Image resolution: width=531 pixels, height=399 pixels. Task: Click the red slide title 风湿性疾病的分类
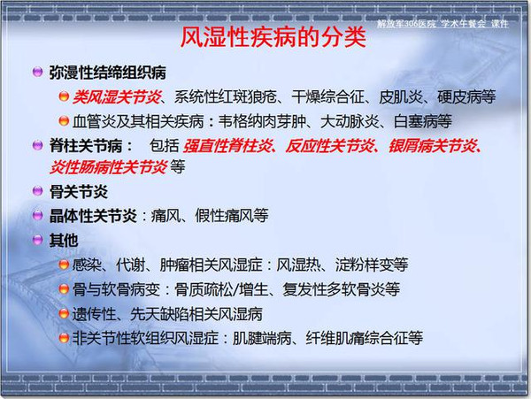coord(273,37)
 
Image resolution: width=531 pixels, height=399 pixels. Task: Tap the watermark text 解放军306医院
coord(406,24)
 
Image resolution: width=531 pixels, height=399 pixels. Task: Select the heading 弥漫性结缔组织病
coord(108,73)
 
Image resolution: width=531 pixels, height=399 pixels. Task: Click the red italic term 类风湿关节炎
coord(117,97)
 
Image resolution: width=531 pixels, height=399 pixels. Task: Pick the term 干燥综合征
coord(327,97)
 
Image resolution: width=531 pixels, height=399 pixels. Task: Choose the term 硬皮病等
coord(466,97)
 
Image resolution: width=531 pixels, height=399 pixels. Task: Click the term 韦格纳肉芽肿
coord(262,121)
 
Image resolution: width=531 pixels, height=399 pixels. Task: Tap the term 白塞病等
coord(423,121)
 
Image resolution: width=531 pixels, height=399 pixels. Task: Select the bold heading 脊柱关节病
coord(86,146)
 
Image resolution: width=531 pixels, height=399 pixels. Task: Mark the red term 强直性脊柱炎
coord(227,146)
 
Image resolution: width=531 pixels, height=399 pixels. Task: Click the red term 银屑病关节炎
coord(433,146)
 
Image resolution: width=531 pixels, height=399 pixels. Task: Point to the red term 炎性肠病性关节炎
coord(108,167)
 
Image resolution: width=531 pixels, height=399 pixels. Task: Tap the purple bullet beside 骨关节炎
coord(37,191)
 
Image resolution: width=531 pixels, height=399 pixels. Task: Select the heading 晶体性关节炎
coord(93,216)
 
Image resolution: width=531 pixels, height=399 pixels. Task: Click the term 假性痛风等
coord(232,216)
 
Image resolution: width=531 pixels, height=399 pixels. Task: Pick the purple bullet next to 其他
coord(37,240)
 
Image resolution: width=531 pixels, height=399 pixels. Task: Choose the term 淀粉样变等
coord(372,265)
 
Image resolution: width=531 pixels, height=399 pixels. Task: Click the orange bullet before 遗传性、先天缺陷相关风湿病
coord(64,313)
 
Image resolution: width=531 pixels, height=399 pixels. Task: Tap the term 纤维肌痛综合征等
coord(365,338)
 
